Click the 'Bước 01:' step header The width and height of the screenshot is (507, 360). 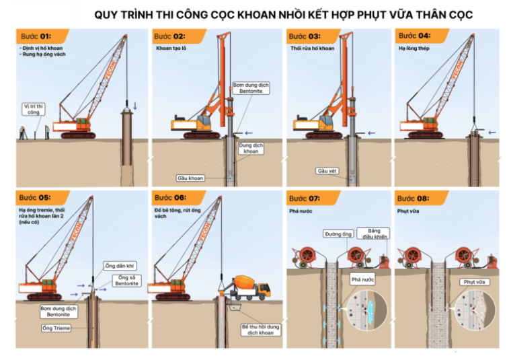[x=36, y=36]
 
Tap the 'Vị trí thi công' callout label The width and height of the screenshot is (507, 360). [x=34, y=109]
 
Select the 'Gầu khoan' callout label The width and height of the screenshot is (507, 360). [x=190, y=178]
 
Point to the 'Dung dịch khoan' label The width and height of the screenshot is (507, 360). [x=251, y=148]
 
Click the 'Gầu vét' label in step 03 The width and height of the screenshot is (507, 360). [x=327, y=171]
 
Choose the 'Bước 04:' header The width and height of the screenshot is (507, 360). [x=414, y=36]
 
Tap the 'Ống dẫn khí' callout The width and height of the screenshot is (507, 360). [x=119, y=266]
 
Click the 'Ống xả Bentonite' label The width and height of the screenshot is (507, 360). [x=126, y=281]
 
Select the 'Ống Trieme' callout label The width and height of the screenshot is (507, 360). [x=56, y=328]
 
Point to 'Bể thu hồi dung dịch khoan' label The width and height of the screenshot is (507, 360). [x=261, y=330]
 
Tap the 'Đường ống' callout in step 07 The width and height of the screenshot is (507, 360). [x=338, y=234]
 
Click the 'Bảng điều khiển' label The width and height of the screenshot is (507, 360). [x=373, y=233]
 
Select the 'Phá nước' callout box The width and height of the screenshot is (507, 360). [x=362, y=279]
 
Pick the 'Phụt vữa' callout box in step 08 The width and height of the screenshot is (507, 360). [x=474, y=282]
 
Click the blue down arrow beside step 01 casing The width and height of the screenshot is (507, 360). [x=135, y=106]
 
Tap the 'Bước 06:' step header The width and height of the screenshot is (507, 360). [x=170, y=198]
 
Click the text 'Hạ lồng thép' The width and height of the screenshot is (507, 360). [x=414, y=48]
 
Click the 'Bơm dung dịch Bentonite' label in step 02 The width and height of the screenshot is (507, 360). [x=251, y=88]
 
